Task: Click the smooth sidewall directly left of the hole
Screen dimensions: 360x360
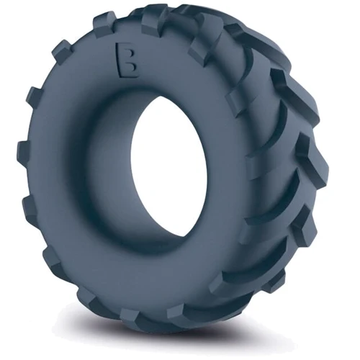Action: [86, 173]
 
